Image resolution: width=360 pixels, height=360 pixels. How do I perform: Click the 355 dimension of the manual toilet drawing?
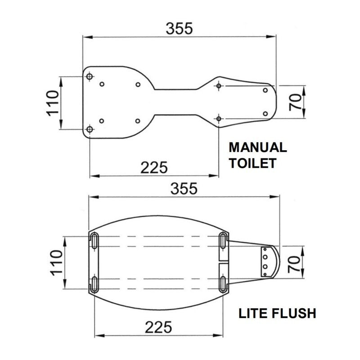point(179,28)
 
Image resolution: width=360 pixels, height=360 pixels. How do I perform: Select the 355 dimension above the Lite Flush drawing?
point(184,189)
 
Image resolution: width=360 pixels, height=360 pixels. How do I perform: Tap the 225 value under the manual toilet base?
point(154,167)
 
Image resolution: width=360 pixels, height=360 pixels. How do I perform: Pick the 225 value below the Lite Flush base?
point(158,327)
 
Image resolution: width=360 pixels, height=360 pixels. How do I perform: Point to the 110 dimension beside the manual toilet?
point(53,103)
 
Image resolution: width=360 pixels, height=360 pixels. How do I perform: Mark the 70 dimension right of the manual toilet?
point(295,101)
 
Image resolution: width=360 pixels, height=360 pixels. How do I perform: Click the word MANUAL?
point(257,148)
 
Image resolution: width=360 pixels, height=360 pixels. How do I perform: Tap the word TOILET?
point(252,163)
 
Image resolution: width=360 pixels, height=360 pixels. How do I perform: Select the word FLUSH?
point(292,313)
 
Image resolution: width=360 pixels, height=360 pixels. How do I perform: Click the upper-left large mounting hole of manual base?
point(90,77)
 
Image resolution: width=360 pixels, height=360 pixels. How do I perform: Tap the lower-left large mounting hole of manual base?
point(90,130)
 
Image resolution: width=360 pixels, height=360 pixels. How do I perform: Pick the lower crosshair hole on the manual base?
point(219,118)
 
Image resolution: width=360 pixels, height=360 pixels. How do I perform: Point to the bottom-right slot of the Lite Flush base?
point(224,284)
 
